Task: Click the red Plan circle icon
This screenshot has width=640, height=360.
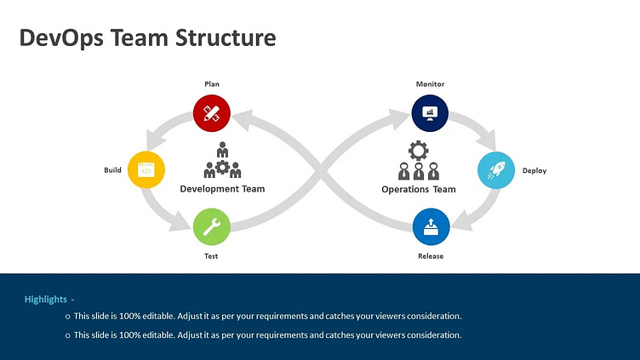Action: coord(212,112)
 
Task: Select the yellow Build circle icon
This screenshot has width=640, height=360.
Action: coord(146,170)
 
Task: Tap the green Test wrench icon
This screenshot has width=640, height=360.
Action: coord(212,227)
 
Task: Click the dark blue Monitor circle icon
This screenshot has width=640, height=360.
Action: coord(430,112)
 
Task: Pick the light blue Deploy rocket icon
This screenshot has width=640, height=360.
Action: coord(495,170)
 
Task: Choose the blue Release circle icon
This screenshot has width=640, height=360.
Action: coord(431,227)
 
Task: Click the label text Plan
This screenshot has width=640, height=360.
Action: coord(212,84)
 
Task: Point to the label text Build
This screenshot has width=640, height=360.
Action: coord(112,170)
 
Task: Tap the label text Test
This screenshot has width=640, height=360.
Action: coord(212,256)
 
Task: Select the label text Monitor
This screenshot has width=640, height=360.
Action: coord(430,84)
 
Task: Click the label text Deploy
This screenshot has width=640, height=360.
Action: coord(534,170)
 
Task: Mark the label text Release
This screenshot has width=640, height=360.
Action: coord(431,256)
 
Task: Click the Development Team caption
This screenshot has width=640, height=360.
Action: coord(222,189)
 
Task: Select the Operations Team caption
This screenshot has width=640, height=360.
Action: coord(419,189)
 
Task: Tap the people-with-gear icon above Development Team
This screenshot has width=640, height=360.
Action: coord(222,160)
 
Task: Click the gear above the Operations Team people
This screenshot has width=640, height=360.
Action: coord(418,151)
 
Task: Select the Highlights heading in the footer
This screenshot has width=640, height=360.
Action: coord(47,300)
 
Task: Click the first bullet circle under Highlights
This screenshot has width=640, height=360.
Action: coord(67,317)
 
